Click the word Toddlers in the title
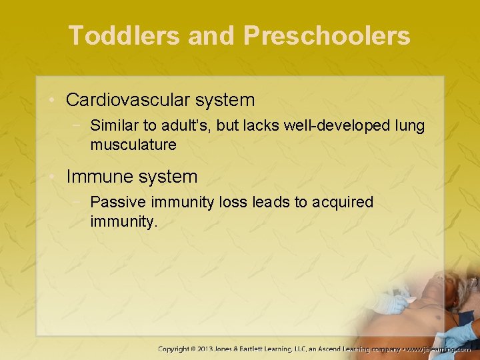click(124, 36)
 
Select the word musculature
click(133, 144)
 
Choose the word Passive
click(115, 202)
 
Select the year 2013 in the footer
click(217, 349)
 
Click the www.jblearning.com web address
click(438, 349)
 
